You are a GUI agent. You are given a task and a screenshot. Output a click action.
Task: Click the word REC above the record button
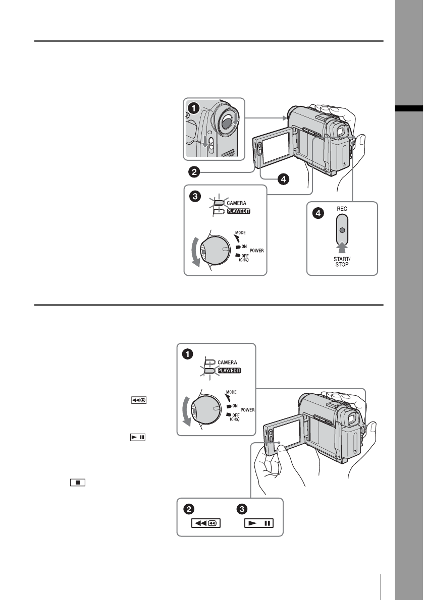pos(342,209)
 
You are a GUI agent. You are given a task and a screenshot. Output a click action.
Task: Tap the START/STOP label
pos(342,262)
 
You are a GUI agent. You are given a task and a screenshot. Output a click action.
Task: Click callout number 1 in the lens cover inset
pos(194,108)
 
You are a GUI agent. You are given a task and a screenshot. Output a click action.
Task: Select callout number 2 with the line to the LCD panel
pos(194,172)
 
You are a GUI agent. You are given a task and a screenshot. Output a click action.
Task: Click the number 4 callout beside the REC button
pos(318,213)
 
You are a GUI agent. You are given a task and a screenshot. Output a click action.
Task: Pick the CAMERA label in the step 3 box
pos(236,203)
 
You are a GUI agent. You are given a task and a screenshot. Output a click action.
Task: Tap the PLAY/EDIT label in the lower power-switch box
pos(230,371)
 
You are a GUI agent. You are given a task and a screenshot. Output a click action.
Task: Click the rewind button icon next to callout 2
pos(206,523)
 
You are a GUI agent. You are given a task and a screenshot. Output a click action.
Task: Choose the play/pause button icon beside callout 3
pos(259,523)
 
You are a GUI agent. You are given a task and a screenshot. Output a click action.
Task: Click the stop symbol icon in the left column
pos(78,483)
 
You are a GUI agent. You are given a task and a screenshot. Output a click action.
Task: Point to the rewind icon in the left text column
pos(139,400)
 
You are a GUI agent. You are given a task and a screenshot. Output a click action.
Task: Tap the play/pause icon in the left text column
pos(138,437)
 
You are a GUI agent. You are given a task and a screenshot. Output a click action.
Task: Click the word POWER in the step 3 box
pos(256,251)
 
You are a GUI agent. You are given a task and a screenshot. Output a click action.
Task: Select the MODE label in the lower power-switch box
pos(231,392)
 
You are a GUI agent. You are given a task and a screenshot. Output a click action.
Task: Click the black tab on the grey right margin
pos(409,108)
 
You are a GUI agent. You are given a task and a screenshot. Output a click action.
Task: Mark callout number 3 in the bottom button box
pos(242,509)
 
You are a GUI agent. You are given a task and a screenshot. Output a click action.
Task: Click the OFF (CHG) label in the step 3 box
pos(244,258)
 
